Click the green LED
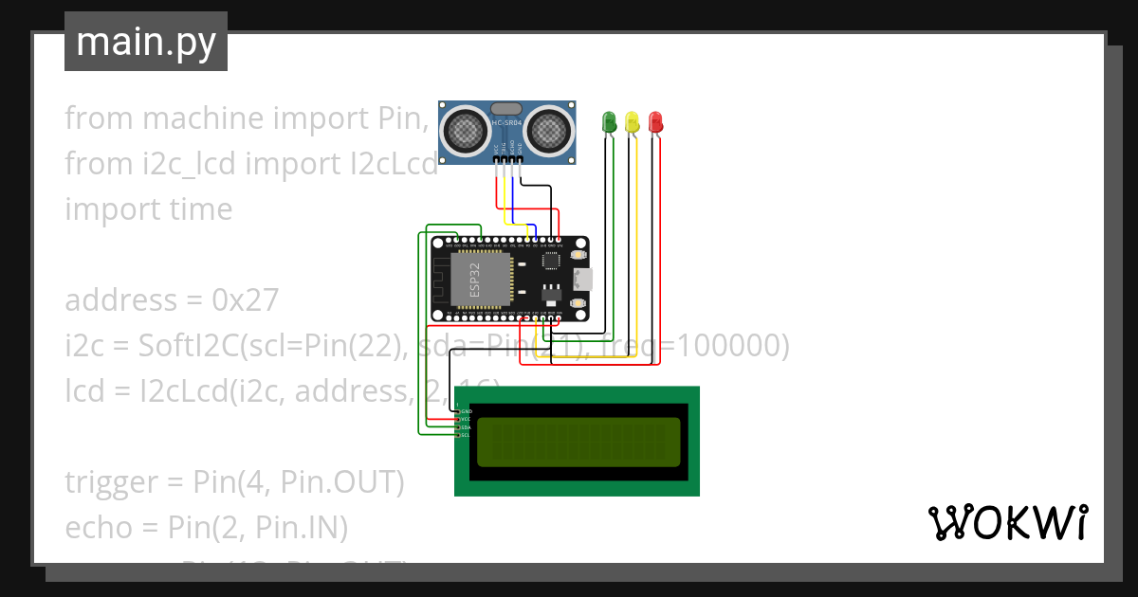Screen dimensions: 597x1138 [x=609, y=121]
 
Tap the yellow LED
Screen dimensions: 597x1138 [x=632, y=121]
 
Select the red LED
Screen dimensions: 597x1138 [x=655, y=121]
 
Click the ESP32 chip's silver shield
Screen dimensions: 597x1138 [x=480, y=280]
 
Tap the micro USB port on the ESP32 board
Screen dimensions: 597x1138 [x=582, y=280]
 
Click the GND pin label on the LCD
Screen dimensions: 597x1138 [x=465, y=411]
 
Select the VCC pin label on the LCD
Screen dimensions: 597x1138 [x=465, y=419]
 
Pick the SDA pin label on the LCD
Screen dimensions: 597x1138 [x=465, y=427]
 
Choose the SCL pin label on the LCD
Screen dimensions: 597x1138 [x=465, y=435]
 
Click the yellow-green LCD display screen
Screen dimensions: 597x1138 [x=578, y=442]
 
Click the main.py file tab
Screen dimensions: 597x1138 [x=146, y=42]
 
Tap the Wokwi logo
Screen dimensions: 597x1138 [x=1007, y=522]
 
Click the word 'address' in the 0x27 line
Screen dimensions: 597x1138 [x=121, y=300]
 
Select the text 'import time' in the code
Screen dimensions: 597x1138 [x=148, y=209]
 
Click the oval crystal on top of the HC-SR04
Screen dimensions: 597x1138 [x=506, y=109]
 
